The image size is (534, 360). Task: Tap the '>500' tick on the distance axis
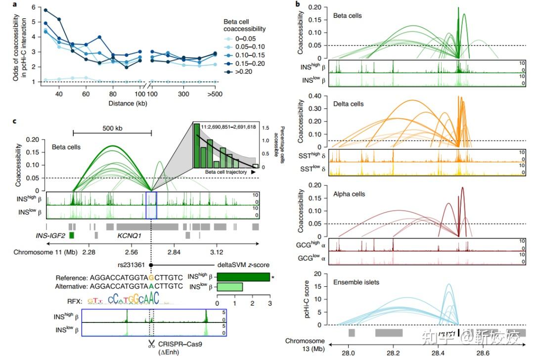(214, 94)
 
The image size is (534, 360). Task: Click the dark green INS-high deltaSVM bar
(243, 277)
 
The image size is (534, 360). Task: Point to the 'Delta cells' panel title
(349, 104)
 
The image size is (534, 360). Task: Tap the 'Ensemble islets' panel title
(356, 282)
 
